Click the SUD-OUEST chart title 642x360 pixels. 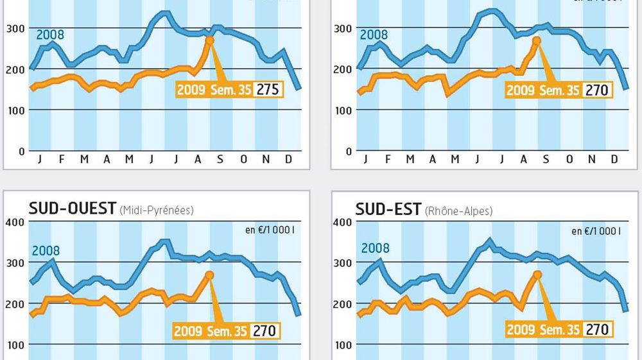pos(73,209)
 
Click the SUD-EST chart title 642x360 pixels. pos(388,209)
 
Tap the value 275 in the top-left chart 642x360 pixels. pos(268,89)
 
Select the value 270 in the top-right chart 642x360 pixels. pos(596,90)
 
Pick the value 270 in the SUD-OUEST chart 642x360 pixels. pos(265,331)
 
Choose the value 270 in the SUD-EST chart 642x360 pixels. pos(596,330)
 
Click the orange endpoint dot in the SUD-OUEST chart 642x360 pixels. pos(209,275)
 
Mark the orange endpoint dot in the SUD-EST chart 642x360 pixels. pos(537,274)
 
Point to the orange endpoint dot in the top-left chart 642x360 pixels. pos(209,40)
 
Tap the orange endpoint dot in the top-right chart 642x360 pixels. pos(537,40)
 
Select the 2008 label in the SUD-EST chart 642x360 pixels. pos(375,248)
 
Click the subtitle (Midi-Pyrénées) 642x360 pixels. pos(157,210)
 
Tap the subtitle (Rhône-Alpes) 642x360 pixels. pos(458,210)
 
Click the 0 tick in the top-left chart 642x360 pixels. pos(21,151)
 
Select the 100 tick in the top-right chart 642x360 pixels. pos(343,110)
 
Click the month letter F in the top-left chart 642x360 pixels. pos(62,159)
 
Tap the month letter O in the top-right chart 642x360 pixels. pos(569,159)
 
